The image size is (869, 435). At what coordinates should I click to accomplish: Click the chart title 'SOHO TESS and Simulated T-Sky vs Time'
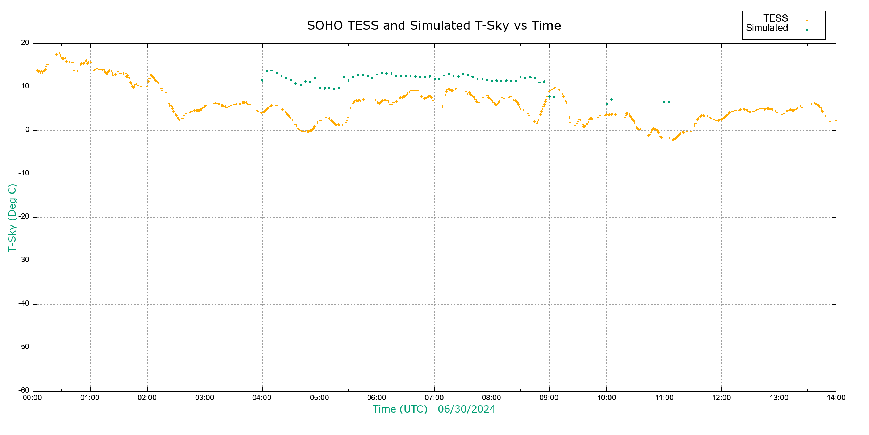pyautogui.click(x=434, y=26)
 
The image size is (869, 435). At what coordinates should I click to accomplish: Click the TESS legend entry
pyautogui.click(x=776, y=18)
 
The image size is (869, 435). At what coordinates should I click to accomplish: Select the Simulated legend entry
pyautogui.click(x=767, y=28)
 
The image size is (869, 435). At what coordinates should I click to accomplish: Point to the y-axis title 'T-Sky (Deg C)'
pyautogui.click(x=12, y=217)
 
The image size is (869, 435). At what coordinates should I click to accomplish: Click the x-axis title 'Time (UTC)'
pyautogui.click(x=400, y=409)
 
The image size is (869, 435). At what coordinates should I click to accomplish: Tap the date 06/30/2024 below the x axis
pyautogui.click(x=466, y=409)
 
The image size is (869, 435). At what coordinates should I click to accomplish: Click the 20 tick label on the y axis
pyautogui.click(x=25, y=43)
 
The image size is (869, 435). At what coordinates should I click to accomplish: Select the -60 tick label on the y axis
pyautogui.click(x=24, y=390)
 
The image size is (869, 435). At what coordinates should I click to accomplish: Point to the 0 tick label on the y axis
pyautogui.click(x=28, y=130)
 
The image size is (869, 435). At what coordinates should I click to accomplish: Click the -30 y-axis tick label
pyautogui.click(x=24, y=260)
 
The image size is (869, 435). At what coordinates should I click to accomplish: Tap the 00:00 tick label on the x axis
pyautogui.click(x=33, y=398)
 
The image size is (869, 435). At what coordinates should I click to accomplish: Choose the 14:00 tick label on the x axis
pyautogui.click(x=836, y=398)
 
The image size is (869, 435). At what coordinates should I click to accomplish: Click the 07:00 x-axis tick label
pyautogui.click(x=434, y=398)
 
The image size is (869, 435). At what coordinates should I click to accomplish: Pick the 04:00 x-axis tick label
pyautogui.click(x=262, y=398)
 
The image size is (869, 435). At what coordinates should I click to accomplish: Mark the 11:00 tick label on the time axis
pyautogui.click(x=664, y=398)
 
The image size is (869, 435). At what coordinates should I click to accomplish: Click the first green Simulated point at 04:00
pyautogui.click(x=262, y=80)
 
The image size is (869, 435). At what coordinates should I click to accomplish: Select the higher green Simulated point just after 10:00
pyautogui.click(x=611, y=100)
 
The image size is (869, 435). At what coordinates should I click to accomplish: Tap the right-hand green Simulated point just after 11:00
pyautogui.click(x=669, y=102)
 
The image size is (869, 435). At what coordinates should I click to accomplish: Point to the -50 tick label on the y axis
pyautogui.click(x=24, y=347)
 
